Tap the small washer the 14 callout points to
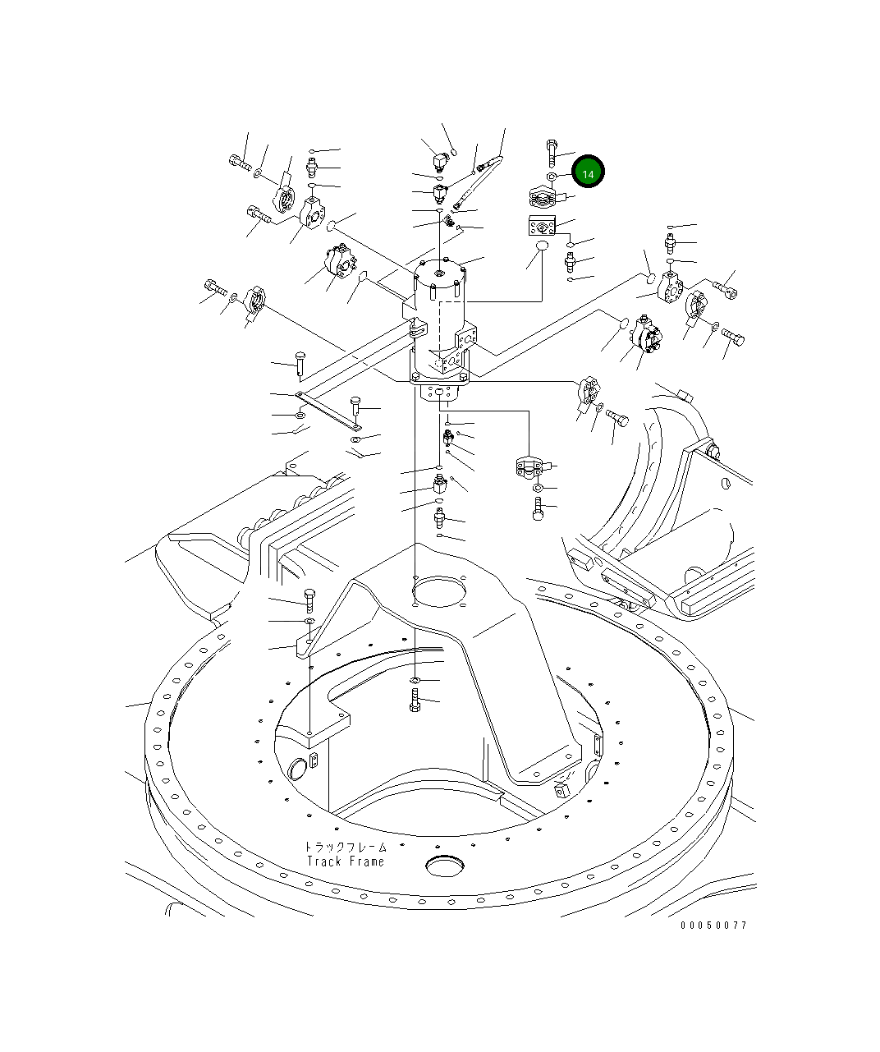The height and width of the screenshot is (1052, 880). tap(552, 177)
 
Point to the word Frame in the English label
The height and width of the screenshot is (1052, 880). tap(366, 861)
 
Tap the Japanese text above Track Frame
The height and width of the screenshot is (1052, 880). tap(345, 847)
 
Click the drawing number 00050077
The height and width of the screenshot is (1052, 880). tap(713, 925)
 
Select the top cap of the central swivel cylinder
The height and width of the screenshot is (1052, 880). tap(441, 270)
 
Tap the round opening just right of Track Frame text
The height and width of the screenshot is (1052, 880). tap(445, 866)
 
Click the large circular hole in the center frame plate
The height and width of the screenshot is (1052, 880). tap(439, 590)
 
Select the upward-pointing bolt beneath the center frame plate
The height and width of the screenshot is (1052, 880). tap(415, 701)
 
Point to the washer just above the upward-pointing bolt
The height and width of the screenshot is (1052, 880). tap(415, 681)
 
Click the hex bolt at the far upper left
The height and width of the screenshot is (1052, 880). tap(239, 163)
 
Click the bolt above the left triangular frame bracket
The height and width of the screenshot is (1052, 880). tap(309, 599)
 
